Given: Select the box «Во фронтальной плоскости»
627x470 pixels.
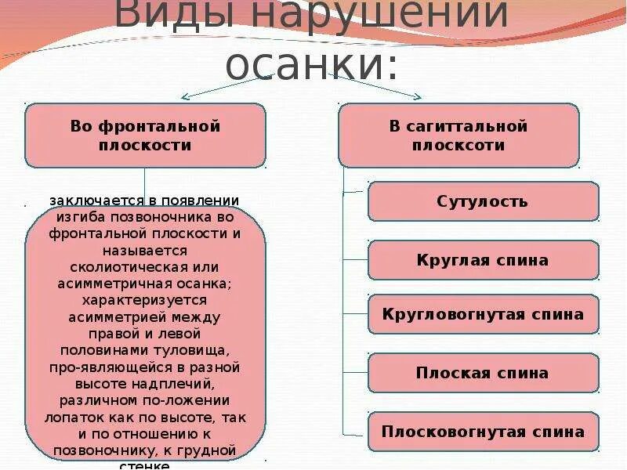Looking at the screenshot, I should tap(145, 136).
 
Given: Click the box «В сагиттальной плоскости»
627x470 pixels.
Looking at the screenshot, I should tap(458, 136).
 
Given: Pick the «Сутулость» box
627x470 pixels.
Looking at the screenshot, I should tap(483, 201).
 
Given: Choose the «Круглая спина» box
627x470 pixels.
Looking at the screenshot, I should tap(483, 260).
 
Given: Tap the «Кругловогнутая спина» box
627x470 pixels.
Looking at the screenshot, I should tap(483, 315).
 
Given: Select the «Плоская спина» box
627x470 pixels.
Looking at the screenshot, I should tap(483, 373).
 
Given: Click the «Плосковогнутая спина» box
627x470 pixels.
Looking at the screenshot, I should tap(483, 432).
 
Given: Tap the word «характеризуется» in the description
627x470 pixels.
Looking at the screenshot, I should tap(145, 300).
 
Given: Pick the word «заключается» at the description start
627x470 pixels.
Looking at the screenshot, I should tap(85, 201).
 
